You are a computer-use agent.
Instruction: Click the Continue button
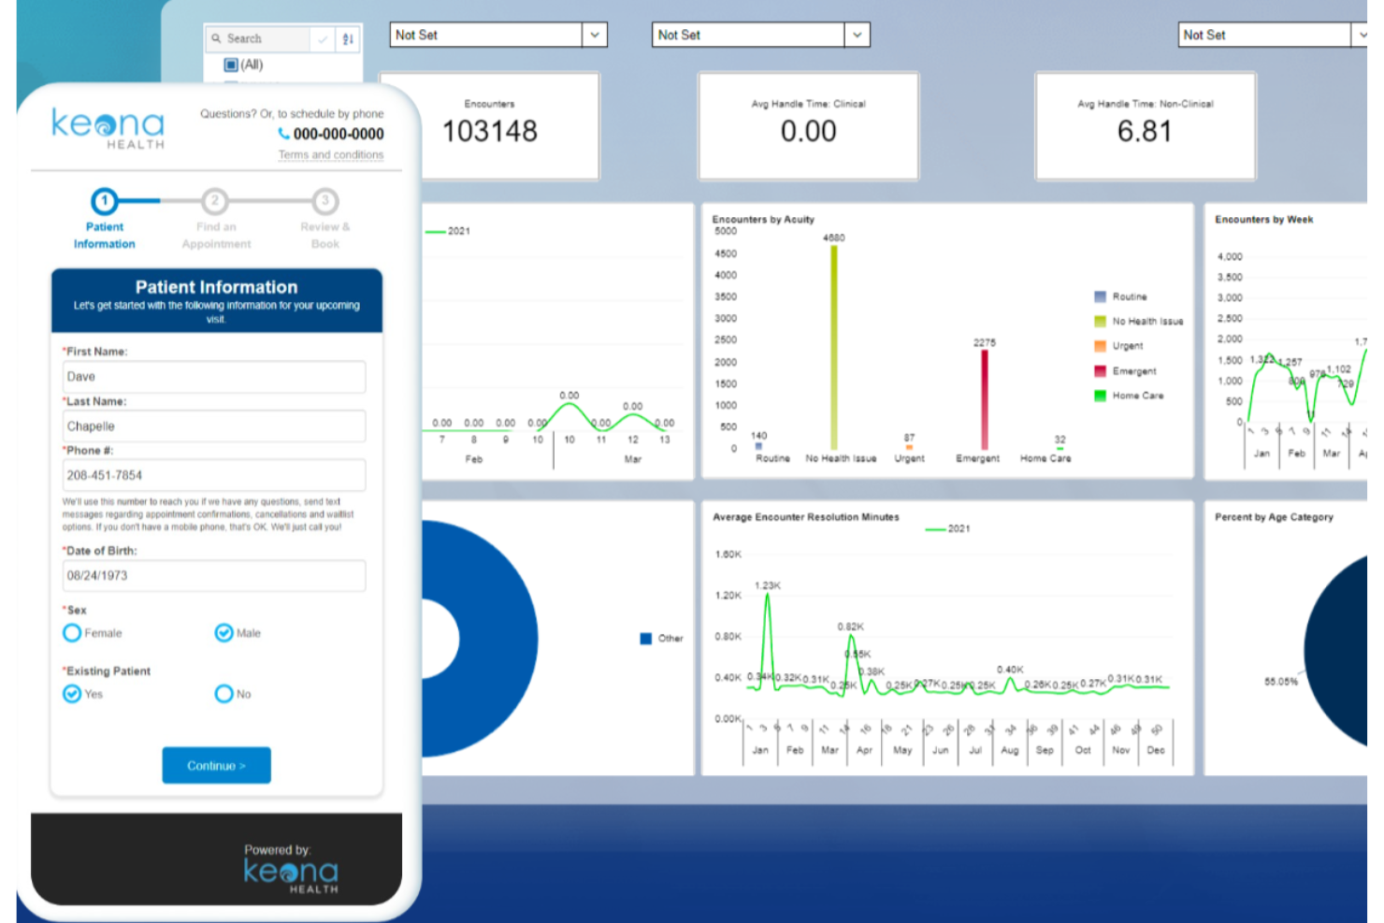[216, 765]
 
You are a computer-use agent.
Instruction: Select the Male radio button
[224, 633]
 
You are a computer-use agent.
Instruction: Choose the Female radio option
[72, 633]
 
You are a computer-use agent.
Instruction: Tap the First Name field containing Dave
[213, 377]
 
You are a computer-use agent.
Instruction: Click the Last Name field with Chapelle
[213, 426]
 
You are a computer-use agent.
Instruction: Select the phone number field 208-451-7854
[213, 475]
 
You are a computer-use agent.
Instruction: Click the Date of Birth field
[213, 575]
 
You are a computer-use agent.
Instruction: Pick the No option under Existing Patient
[224, 694]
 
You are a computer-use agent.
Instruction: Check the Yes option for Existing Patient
[72, 694]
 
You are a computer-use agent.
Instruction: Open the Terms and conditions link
[330, 155]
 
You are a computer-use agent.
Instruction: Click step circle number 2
[215, 201]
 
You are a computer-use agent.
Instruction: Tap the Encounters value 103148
[489, 131]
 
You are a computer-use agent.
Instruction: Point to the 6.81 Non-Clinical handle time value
[1145, 131]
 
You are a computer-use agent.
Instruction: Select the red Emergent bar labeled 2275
[984, 399]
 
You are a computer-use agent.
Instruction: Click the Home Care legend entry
[1137, 396]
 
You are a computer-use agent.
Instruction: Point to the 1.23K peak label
[767, 585]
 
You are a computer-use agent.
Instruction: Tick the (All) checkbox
[231, 65]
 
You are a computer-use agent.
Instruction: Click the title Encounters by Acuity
[763, 220]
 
